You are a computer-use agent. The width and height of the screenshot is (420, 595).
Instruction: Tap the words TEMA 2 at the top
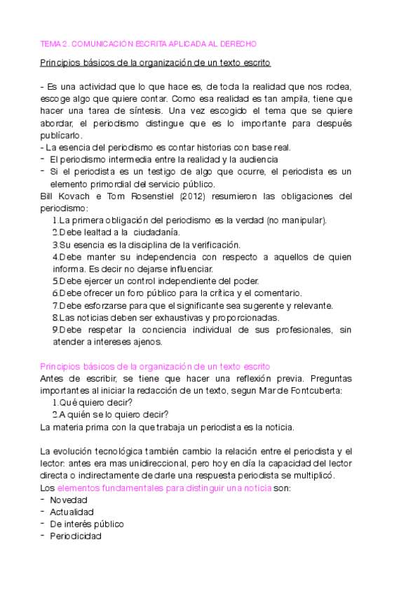pyautogui.click(x=55, y=44)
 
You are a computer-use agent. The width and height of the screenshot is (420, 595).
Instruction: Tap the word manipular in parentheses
pyautogui.click(x=303, y=220)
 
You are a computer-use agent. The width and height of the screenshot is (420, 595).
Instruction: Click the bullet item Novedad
pyautogui.click(x=68, y=500)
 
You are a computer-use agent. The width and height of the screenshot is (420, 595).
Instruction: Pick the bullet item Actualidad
pyautogui.click(x=71, y=512)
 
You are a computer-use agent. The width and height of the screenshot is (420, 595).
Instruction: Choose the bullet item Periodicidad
pyautogui.click(x=75, y=537)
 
